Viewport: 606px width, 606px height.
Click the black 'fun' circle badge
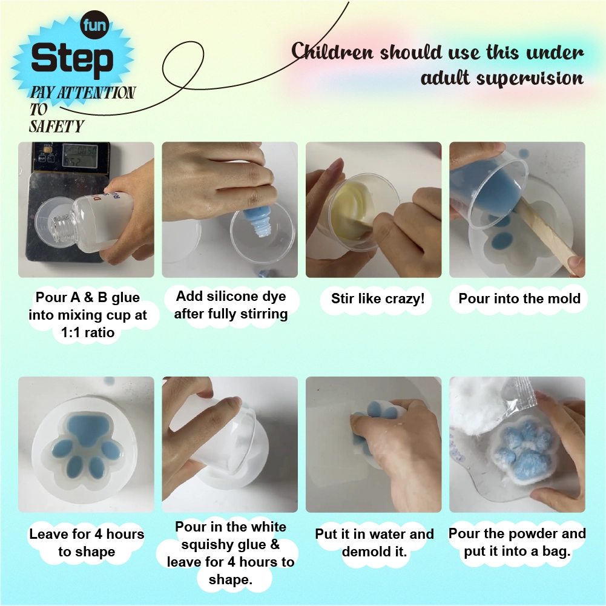[94, 25]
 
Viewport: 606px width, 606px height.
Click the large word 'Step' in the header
[72, 58]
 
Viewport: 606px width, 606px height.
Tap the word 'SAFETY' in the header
[56, 127]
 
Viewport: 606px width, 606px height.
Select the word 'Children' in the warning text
[332, 51]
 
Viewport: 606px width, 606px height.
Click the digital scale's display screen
[80, 156]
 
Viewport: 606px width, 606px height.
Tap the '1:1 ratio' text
[88, 332]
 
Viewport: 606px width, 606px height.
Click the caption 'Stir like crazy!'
[378, 298]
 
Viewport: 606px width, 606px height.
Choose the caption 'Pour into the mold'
[519, 298]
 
